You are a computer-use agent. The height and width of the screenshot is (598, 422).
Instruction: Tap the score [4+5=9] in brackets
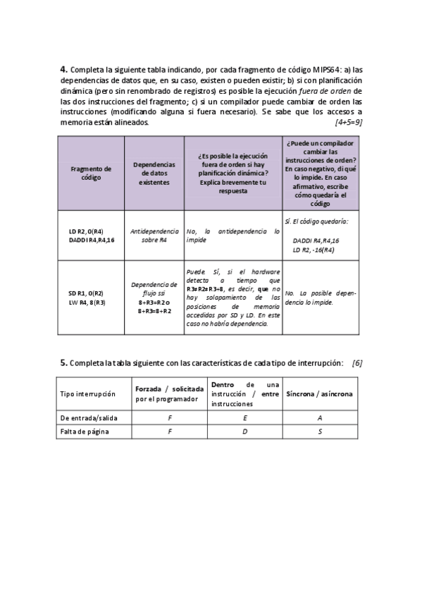347,122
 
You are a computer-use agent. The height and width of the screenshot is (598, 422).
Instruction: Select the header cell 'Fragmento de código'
91,173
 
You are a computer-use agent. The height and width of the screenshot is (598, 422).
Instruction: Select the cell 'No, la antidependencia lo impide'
232,236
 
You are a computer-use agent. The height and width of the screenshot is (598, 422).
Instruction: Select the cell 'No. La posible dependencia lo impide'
321,297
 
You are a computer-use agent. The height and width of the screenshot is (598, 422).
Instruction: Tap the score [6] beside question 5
356,362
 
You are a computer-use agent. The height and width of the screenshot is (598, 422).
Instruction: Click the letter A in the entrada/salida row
320,418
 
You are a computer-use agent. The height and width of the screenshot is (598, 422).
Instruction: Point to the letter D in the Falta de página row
243,432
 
